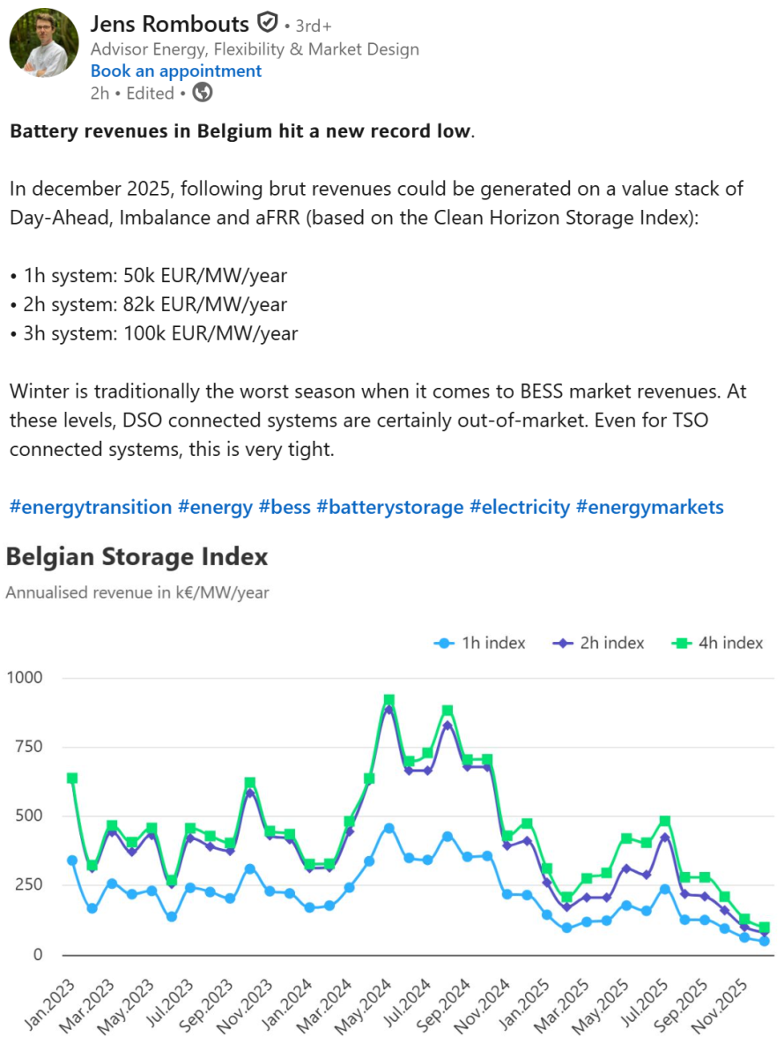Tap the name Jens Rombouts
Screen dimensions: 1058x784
click(169, 24)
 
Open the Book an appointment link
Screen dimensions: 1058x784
click(176, 71)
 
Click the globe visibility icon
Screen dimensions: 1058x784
click(203, 93)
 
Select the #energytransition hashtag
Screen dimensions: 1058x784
click(91, 507)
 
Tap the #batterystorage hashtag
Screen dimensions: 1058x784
click(389, 507)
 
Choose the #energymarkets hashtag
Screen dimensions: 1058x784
click(649, 507)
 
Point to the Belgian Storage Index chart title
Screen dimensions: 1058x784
click(137, 557)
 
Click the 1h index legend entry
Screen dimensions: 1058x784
click(480, 643)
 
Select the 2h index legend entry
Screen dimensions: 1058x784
click(600, 643)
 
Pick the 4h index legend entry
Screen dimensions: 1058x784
click(719, 643)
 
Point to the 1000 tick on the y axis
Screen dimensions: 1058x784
click(25, 678)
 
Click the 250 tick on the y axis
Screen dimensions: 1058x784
click(30, 885)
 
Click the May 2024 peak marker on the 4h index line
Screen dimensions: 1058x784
click(389, 700)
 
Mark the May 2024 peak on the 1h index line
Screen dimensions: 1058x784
click(389, 829)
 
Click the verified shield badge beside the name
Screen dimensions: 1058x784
click(267, 23)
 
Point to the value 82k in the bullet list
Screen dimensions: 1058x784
click(129, 305)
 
